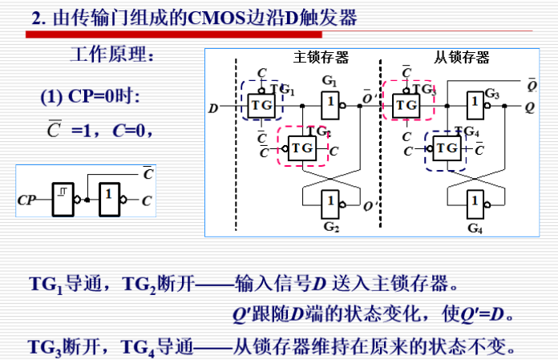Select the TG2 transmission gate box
(301, 148)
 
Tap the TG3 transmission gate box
(406, 104)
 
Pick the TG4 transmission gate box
(447, 148)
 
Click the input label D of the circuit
(212, 106)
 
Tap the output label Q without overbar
(531, 106)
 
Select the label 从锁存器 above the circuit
(462, 58)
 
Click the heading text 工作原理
(109, 56)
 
